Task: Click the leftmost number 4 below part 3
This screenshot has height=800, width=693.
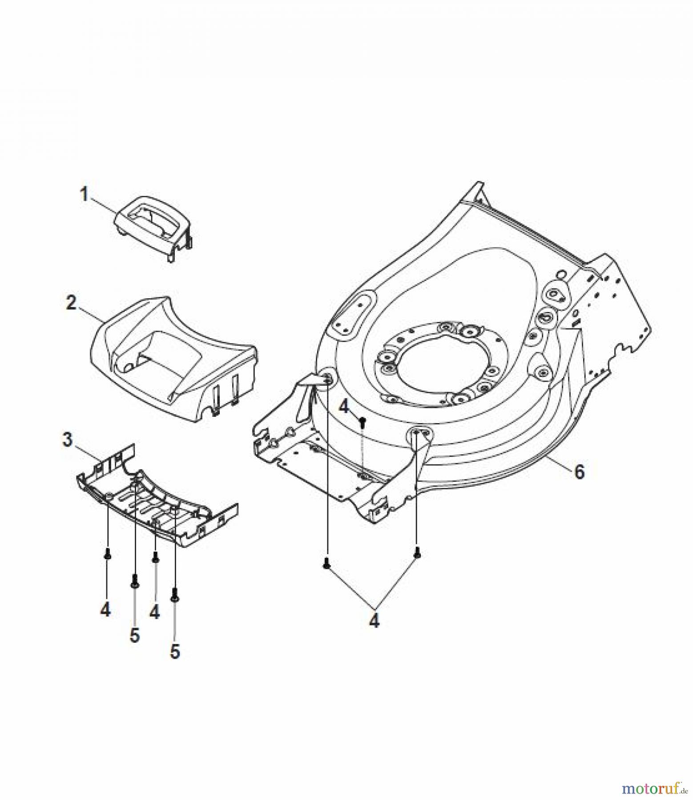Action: (x=105, y=610)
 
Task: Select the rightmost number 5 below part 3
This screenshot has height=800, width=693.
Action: (x=175, y=652)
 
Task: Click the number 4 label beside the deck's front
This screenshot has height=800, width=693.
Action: (x=345, y=407)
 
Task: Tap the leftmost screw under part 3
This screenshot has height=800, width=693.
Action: (x=107, y=554)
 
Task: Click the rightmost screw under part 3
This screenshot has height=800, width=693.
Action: (x=174, y=594)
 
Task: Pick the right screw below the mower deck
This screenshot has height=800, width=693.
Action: (x=417, y=553)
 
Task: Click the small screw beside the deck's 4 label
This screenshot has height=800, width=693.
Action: (x=363, y=420)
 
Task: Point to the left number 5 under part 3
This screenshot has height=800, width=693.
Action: (x=134, y=635)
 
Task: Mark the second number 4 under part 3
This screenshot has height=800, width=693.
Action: (x=154, y=612)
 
